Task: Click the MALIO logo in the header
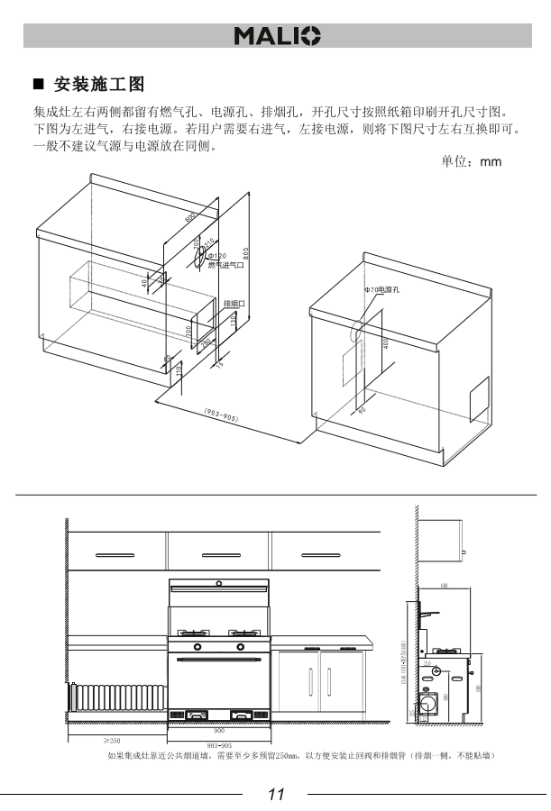277,36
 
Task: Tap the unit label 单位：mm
470,161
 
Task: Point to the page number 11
276,794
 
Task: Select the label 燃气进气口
225,265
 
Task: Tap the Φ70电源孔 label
381,289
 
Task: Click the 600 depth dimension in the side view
445,586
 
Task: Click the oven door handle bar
218,661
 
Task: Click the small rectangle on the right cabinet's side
478,399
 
